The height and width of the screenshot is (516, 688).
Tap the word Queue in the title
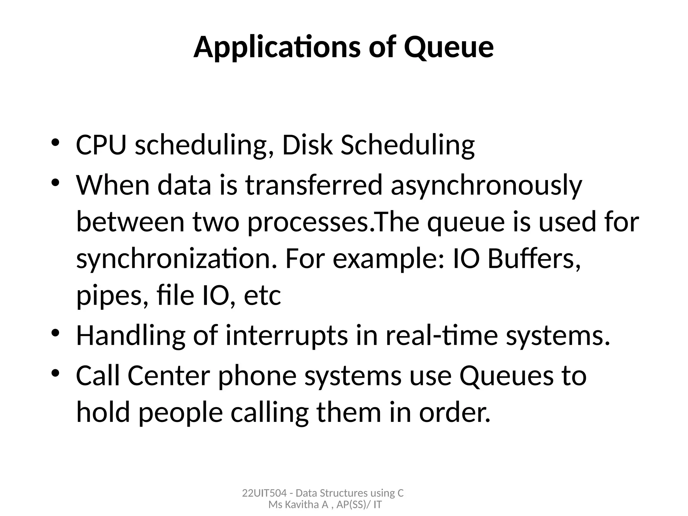tap(449, 48)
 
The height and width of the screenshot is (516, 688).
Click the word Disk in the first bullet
tap(307, 145)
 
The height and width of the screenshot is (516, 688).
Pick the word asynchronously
tap(486, 186)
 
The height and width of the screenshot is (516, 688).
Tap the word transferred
tap(314, 185)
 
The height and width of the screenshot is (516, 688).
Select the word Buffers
tap(534, 259)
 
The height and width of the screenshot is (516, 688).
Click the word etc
tap(262, 296)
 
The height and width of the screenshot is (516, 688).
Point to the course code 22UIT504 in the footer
tap(264, 493)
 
